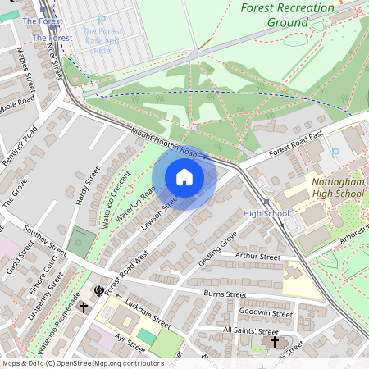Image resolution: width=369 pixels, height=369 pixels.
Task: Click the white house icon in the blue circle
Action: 184,177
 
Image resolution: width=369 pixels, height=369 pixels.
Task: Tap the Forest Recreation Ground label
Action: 288,14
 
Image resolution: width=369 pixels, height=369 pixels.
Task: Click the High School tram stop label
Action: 266,214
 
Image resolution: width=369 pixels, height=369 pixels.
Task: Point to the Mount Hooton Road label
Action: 165,143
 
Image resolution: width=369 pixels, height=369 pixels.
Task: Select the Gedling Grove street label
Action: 217,248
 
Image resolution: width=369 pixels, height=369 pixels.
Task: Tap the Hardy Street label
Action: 86,187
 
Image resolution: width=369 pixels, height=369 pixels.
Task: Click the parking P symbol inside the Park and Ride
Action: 101,20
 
